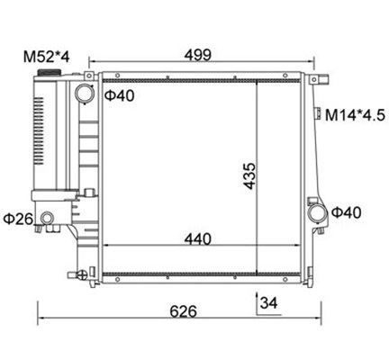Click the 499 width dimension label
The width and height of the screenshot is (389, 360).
click(198, 55)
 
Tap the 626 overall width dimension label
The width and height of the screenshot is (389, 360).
click(183, 311)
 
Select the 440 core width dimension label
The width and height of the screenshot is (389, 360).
click(198, 239)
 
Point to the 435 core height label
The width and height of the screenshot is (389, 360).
click(249, 176)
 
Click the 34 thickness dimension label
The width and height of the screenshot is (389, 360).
click(269, 302)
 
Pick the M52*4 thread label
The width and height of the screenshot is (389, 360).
click(47, 57)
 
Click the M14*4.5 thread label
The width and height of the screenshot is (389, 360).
click(355, 115)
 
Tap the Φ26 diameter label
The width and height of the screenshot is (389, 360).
click(18, 219)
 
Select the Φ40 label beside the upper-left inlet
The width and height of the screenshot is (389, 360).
click(120, 95)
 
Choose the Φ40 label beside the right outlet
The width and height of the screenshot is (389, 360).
click(347, 212)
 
